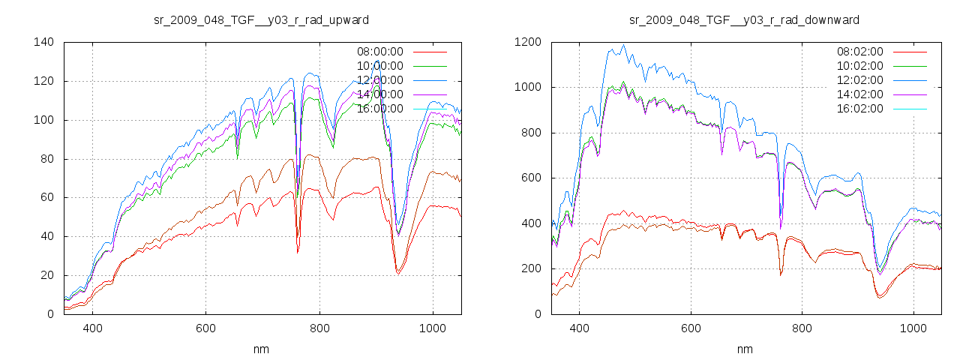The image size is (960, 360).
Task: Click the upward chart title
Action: click(x=262, y=19)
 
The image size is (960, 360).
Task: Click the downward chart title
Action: click(x=744, y=19)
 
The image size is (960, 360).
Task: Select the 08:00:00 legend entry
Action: click(x=379, y=52)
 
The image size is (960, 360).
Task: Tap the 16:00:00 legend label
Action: click(x=379, y=109)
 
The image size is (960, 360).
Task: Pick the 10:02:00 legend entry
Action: click(x=860, y=66)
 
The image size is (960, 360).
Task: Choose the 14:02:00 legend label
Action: click(x=860, y=94)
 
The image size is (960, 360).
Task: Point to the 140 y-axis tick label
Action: click(x=43, y=42)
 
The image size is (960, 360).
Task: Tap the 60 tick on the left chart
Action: click(x=46, y=197)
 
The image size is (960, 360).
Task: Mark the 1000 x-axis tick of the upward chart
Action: click(x=432, y=328)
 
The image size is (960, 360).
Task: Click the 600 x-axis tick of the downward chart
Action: click(x=691, y=328)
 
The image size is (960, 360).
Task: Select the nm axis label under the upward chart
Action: click(x=262, y=349)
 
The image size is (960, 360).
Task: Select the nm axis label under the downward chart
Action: click(x=744, y=349)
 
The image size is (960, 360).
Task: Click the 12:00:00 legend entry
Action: click(x=379, y=80)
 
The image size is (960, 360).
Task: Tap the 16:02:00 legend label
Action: click(x=860, y=109)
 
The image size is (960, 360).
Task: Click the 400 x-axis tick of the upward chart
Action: click(x=93, y=328)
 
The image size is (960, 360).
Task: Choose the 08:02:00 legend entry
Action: click(x=860, y=52)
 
